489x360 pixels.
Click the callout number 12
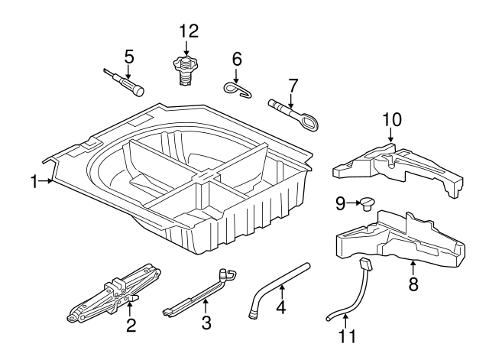pos(188,31)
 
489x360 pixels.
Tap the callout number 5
pos(129,56)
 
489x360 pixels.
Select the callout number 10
pos(391,119)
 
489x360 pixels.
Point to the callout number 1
pos(34,181)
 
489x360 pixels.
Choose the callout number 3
pos(206,323)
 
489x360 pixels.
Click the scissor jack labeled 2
pos(115,292)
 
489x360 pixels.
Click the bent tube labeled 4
pos(280,290)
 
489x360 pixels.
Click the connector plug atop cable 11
pos(364,264)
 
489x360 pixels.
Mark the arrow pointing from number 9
pos(355,203)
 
